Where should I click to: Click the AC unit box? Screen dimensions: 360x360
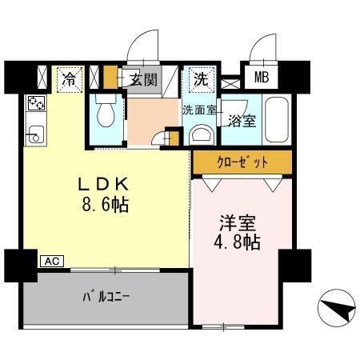pyautogui.click(x=50, y=261)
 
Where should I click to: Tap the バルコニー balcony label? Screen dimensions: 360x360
pyautogui.click(x=106, y=298)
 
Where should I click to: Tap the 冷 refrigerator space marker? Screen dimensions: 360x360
pyautogui.click(x=70, y=79)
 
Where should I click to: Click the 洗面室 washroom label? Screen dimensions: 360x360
pyautogui.click(x=199, y=110)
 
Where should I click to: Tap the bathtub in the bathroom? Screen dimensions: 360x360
pyautogui.click(x=278, y=121)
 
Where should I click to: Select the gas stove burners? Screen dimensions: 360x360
pyautogui.click(x=37, y=105)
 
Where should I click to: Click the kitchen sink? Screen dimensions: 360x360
pyautogui.click(x=35, y=133)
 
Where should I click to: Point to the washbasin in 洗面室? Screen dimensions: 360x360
pyautogui.click(x=201, y=133)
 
